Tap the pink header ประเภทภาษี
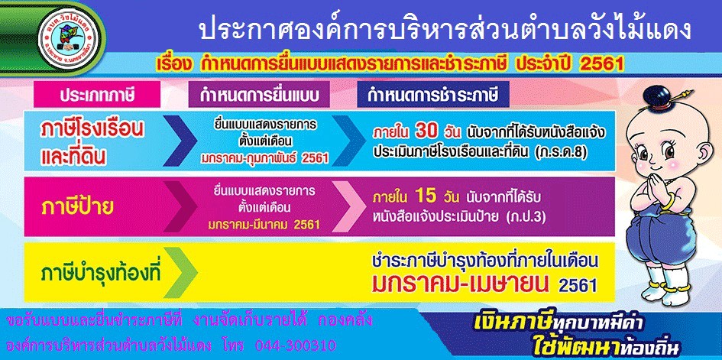point(97,95)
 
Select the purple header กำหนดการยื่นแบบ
point(259,95)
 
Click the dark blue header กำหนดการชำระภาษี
point(433,95)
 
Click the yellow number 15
point(426,196)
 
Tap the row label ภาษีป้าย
point(77,208)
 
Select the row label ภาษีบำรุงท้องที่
point(101,274)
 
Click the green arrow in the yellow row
point(181,273)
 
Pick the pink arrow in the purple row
point(349,207)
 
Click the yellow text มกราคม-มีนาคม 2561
point(264,225)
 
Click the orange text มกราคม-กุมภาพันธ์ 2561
point(265,158)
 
